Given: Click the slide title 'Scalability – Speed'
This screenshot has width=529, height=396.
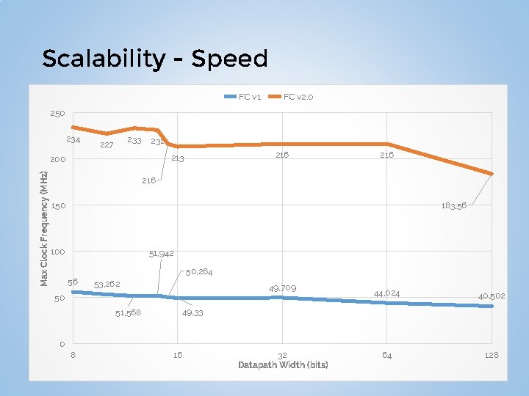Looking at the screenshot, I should tap(155, 58).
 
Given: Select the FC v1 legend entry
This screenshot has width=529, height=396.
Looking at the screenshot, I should tap(249, 97).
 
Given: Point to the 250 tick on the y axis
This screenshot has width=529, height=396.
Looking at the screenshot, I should tap(57, 114).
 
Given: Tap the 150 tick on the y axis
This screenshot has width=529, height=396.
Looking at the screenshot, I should tap(57, 206).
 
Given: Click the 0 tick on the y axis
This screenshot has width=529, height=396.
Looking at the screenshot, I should tap(62, 345).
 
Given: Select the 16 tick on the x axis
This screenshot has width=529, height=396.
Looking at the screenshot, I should tap(177, 355).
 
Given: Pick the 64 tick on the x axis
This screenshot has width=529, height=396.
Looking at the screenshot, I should tap(386, 355).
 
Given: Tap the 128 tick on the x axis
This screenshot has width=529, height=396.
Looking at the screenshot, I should tap(492, 355).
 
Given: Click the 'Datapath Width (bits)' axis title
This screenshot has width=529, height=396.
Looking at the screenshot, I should tap(283, 364).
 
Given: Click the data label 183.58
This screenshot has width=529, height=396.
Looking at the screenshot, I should tap(454, 206).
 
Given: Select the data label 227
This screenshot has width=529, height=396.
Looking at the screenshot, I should tap(107, 145).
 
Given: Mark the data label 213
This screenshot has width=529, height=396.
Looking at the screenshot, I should tap(177, 158).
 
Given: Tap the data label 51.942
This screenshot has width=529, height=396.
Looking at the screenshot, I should tap(161, 254).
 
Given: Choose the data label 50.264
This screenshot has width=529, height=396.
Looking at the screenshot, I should tap(199, 272).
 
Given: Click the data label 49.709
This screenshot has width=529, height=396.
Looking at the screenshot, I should tap(282, 288).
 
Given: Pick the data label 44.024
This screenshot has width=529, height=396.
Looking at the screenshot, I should tap(387, 293).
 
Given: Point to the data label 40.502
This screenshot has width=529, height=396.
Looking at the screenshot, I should tap(492, 296).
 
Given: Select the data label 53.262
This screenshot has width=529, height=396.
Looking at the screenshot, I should tap(107, 283).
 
